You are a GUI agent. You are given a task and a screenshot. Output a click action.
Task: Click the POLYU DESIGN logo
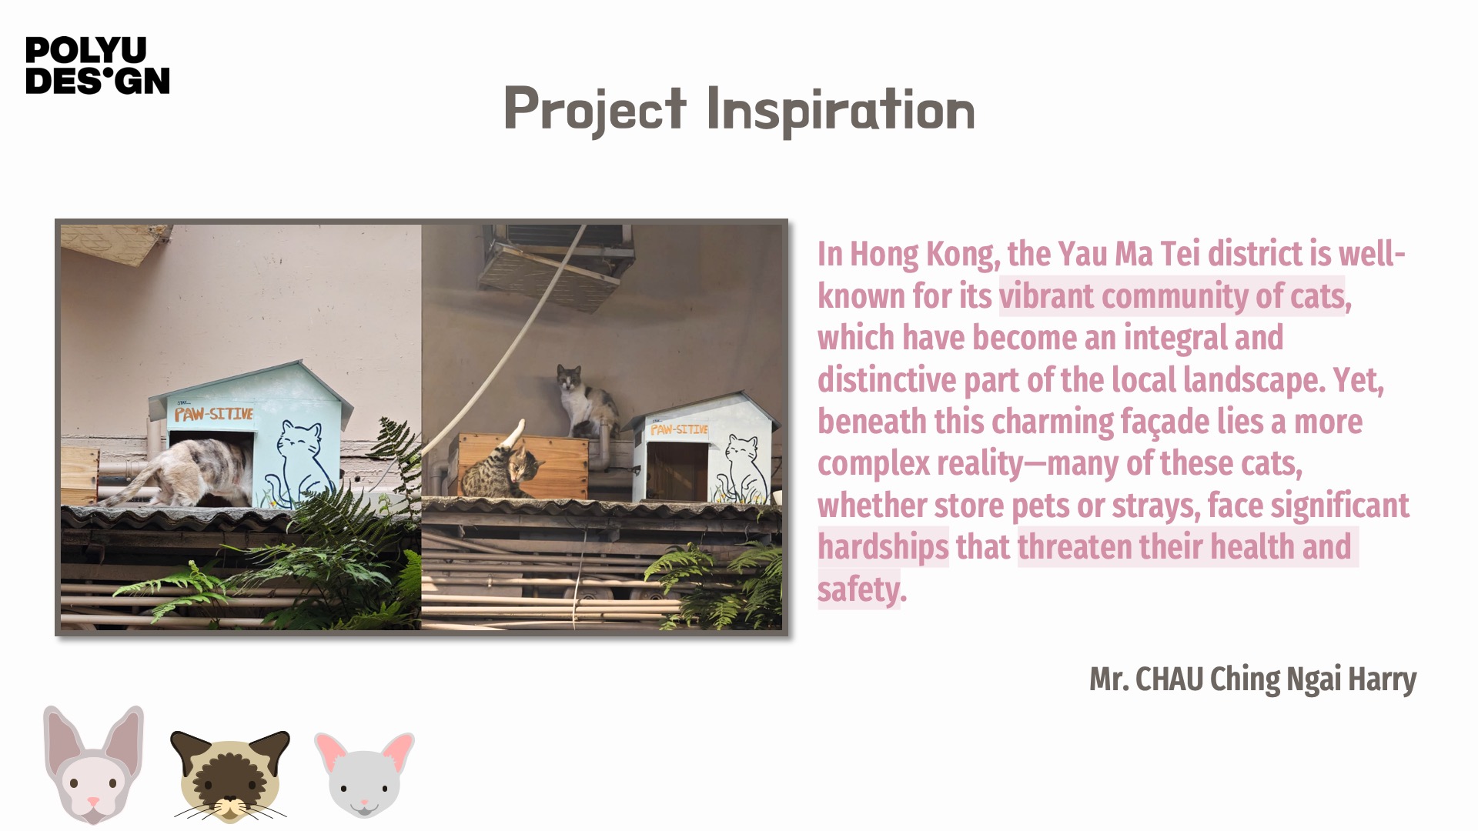point(98,65)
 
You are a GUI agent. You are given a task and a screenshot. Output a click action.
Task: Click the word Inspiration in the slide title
point(841,111)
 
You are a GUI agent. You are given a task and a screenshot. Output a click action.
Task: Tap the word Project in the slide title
point(594,110)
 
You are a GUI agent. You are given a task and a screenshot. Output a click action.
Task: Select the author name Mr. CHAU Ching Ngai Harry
point(1252,679)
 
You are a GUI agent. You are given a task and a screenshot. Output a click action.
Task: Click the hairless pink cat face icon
point(93,764)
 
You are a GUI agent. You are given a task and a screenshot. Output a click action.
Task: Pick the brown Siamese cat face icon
point(229,776)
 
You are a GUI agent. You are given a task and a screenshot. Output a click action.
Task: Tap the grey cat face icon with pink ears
point(364,774)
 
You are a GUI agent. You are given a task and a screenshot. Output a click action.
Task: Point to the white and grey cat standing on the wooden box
point(585,401)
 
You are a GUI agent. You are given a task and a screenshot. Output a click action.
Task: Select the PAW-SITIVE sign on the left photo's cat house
point(213,414)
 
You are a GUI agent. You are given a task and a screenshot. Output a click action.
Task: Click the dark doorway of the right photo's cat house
point(677,472)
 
